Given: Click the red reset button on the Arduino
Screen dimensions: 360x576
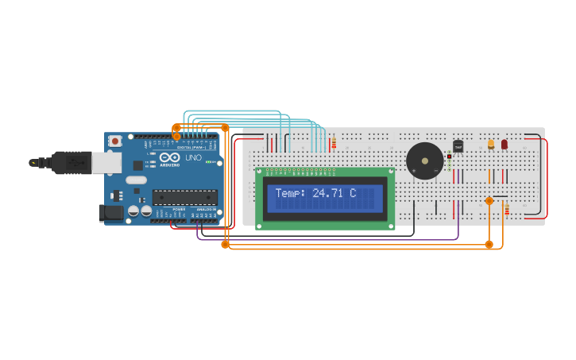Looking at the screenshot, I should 115,141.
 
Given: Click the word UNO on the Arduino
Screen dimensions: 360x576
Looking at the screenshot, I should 193,157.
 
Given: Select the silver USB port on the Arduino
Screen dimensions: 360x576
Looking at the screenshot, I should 106,162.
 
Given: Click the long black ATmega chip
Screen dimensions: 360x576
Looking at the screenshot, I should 184,197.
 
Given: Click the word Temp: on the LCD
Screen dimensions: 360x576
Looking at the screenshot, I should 291,193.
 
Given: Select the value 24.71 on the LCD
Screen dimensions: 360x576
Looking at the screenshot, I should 328,193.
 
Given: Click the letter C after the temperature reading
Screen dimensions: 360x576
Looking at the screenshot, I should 352,193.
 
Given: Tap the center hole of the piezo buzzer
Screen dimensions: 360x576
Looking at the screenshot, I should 425,161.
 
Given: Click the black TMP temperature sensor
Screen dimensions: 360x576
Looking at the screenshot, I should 458,146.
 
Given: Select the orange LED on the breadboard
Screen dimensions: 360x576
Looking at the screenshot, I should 491,144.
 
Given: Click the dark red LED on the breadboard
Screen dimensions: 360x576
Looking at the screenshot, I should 504,144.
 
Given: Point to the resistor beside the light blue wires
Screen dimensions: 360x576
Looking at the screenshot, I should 334,143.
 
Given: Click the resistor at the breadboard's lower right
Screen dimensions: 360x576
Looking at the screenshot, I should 506,207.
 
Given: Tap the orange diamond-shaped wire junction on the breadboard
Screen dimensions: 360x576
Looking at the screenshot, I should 489,201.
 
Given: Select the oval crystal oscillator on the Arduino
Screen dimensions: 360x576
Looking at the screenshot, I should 136,180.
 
